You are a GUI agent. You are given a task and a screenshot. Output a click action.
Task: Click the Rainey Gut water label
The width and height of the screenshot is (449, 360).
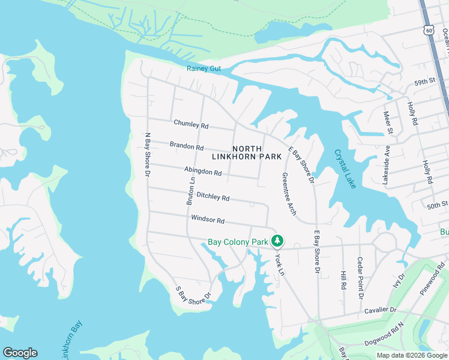pos(203,68)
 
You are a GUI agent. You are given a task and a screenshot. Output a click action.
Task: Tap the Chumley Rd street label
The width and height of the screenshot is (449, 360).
pos(191,125)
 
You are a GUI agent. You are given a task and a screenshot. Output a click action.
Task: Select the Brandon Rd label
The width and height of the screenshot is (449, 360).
pos(187,146)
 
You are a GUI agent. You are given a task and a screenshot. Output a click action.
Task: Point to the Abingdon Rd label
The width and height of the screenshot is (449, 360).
pos(203,172)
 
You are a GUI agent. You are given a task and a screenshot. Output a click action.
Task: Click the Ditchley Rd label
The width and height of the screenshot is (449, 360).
pos(213,197)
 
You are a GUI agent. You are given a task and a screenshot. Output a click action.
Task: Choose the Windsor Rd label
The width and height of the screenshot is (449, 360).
pos(207,220)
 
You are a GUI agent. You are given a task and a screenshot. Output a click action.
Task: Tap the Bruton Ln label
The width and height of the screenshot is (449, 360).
pos(191,188)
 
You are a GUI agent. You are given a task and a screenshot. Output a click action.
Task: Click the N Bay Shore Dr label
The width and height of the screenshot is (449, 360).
pos(146,154)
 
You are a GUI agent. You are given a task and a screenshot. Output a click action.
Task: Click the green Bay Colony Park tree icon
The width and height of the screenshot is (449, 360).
pos(277,241)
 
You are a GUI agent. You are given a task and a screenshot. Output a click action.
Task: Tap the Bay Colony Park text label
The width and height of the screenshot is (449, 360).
pos(238,242)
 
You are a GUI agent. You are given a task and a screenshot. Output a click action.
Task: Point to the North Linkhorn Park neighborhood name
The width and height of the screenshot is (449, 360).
pos(247,152)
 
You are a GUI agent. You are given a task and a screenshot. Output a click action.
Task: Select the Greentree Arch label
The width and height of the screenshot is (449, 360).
pos(288,194)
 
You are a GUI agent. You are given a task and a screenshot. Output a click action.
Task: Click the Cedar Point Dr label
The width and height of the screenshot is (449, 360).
pos(360,278)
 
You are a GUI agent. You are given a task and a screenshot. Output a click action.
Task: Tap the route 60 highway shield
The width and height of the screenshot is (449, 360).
pos(427,29)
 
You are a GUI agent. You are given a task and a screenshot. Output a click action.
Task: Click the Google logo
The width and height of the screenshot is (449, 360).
pos(20,353)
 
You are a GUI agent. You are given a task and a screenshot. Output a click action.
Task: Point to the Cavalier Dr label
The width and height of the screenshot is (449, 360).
pos(381,310)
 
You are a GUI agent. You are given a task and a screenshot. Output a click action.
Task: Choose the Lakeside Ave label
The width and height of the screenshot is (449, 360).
pos(387,164)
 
